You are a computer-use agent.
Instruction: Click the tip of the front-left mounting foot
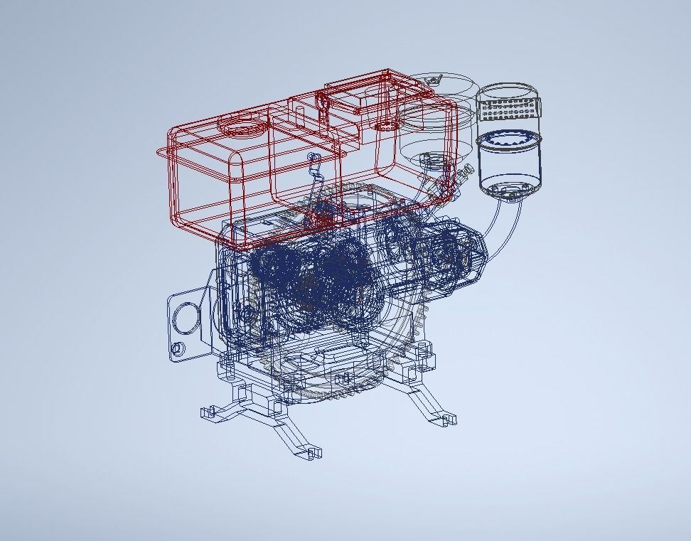[x=208, y=412]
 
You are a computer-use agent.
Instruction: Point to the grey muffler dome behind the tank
[x=435, y=135]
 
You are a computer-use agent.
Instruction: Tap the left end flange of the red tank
[x=163, y=151]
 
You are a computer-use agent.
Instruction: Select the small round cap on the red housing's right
[x=385, y=126]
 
